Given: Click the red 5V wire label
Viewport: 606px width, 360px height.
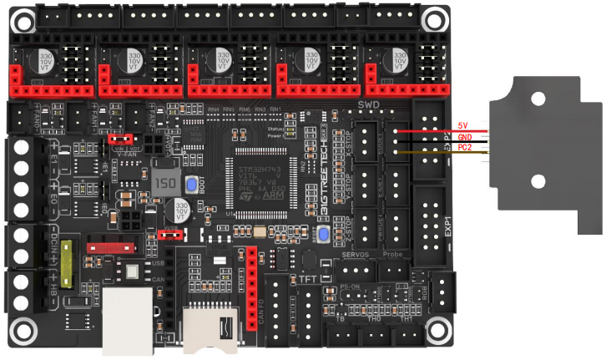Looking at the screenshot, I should pyautogui.click(x=463, y=125).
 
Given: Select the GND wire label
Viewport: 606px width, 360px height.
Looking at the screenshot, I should pyautogui.click(x=464, y=136).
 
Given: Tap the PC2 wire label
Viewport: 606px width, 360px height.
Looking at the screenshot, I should pyautogui.click(x=464, y=147).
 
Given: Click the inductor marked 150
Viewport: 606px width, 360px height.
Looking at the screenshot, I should pyautogui.click(x=165, y=184).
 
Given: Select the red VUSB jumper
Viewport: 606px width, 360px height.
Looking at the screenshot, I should pyautogui.click(x=170, y=236).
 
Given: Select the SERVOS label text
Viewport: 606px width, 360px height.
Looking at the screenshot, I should pyautogui.click(x=359, y=253).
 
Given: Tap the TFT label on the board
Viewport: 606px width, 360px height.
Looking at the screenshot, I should pyautogui.click(x=307, y=277).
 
